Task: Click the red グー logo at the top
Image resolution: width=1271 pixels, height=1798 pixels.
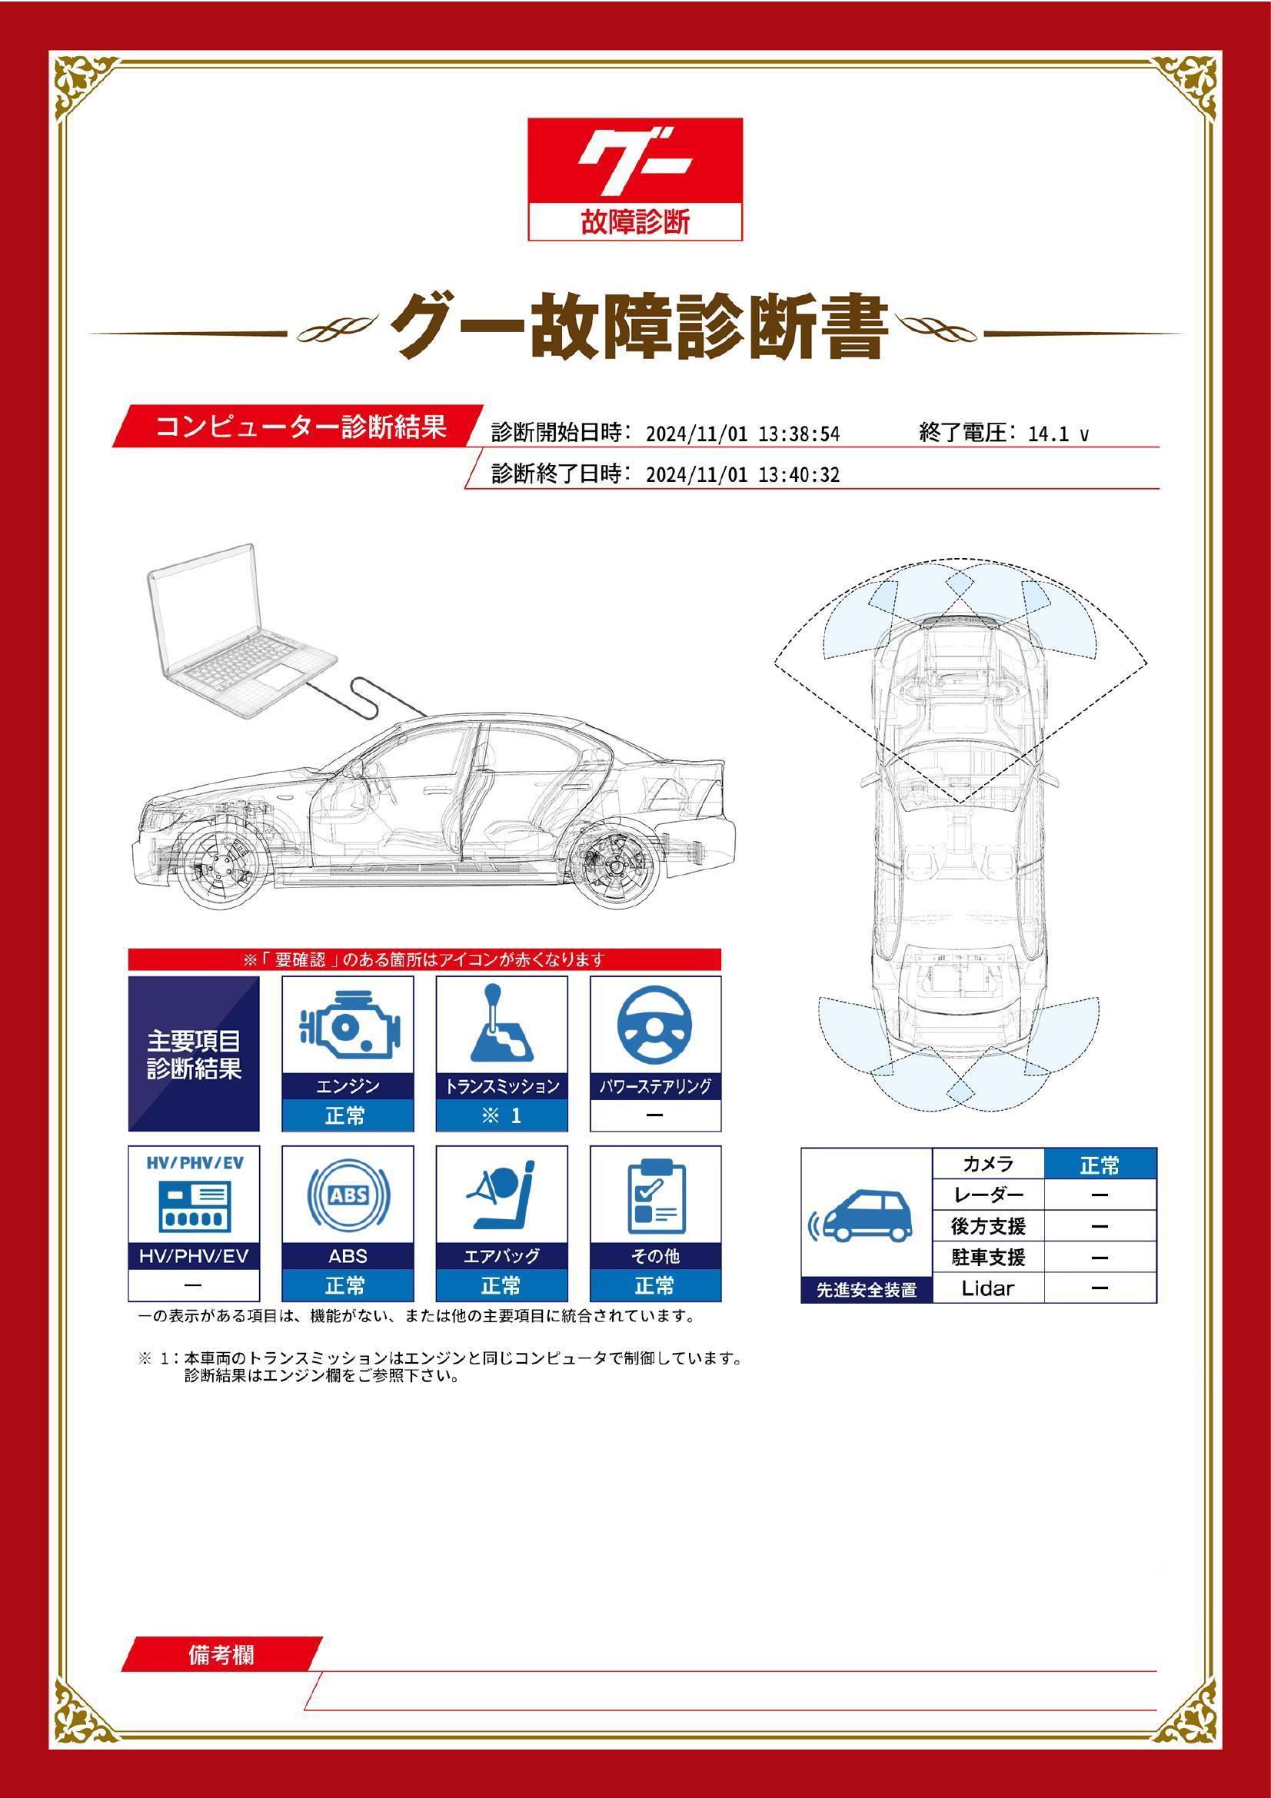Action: click(x=634, y=178)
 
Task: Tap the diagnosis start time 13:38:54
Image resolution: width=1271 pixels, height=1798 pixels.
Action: click(x=800, y=434)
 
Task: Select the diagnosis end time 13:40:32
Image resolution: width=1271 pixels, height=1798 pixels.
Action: click(x=800, y=475)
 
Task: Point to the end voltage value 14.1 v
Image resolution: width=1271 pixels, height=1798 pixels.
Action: click(x=1058, y=434)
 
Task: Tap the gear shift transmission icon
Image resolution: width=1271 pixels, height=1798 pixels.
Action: click(x=501, y=1023)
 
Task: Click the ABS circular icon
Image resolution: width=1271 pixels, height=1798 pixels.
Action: click(x=348, y=1195)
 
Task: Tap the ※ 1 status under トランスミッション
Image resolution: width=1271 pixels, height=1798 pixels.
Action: click(x=502, y=1116)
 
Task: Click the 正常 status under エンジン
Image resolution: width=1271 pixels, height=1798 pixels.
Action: click(x=348, y=1116)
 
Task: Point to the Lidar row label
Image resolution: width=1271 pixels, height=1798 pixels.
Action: click(x=987, y=1288)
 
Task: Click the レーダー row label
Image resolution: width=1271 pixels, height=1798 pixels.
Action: click(x=988, y=1196)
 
